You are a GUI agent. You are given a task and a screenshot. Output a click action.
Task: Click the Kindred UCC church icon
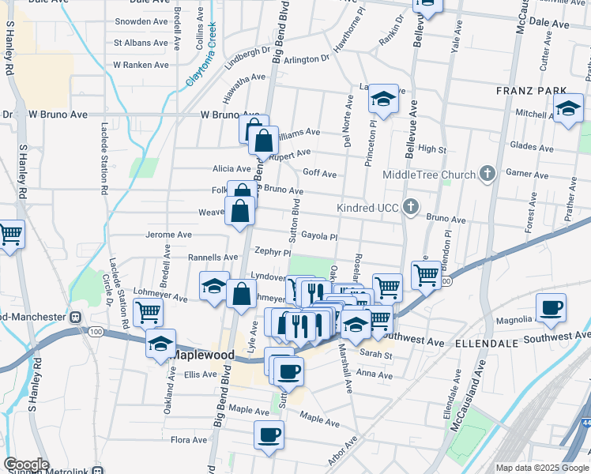(x=410, y=207)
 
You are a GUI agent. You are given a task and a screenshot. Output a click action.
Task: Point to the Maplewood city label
(x=202, y=355)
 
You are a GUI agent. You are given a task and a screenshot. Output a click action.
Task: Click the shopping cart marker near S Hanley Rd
(x=10, y=233)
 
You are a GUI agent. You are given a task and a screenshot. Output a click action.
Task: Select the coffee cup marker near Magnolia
(x=551, y=307)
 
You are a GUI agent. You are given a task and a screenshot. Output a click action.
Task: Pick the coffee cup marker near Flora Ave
(x=269, y=434)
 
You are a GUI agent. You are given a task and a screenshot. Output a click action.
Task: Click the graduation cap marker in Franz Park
(x=567, y=109)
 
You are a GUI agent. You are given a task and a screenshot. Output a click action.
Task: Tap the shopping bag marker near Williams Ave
(x=264, y=141)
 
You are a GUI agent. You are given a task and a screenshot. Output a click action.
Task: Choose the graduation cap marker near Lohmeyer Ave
(x=213, y=287)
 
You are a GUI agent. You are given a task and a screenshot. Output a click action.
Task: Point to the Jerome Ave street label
(x=168, y=235)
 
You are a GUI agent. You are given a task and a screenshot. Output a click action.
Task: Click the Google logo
(x=26, y=465)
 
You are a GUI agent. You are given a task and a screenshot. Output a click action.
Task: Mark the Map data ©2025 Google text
(x=542, y=467)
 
